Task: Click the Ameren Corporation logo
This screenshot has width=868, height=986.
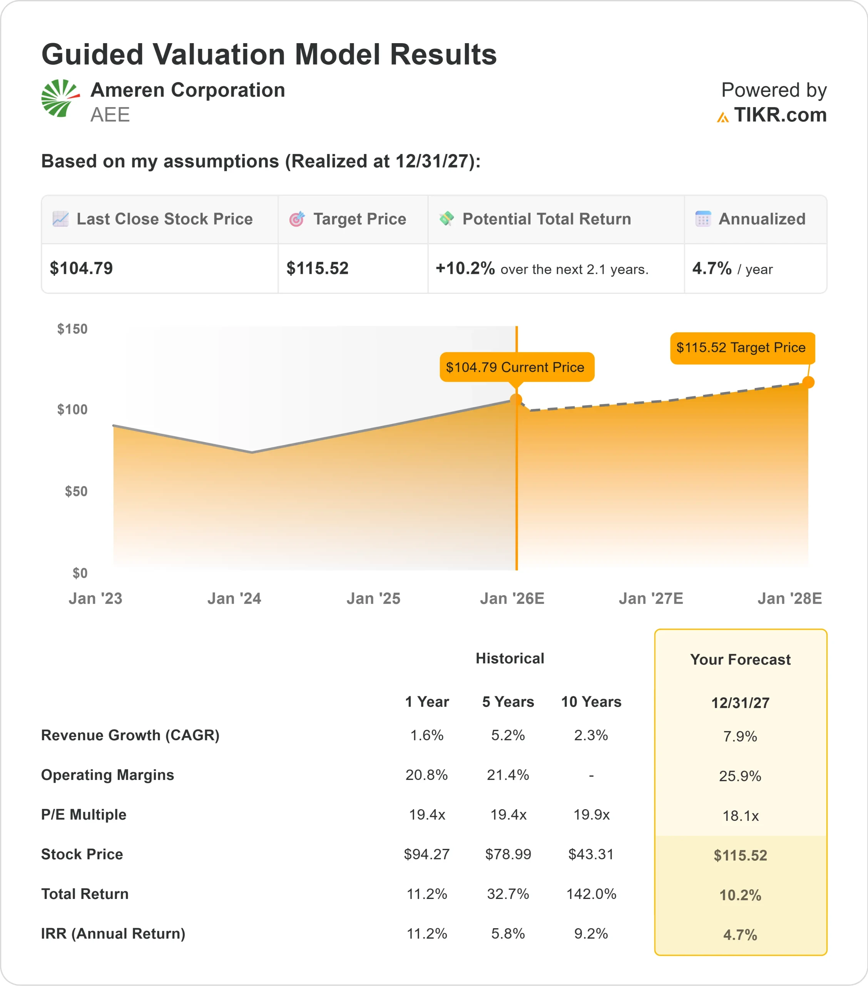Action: coord(60,98)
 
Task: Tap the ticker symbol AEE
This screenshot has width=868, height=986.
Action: coord(110,115)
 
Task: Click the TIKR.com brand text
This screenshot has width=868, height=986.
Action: coord(780,115)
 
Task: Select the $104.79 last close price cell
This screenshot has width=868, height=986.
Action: coord(82,268)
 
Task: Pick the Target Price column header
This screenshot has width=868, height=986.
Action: coord(359,219)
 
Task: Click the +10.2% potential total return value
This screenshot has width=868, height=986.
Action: coord(465,268)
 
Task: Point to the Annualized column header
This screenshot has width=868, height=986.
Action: coord(761,219)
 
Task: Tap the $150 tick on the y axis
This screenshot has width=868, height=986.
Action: coord(72,329)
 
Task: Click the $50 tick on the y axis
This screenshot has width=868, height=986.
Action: coord(76,491)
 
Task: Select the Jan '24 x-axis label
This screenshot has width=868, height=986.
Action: coord(234,599)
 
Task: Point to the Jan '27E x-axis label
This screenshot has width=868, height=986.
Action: coord(651,599)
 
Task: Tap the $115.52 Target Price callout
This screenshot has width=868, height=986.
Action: coord(741,347)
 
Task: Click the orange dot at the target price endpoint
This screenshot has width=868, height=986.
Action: coord(808,382)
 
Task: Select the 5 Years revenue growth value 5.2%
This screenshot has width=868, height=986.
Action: coord(508,735)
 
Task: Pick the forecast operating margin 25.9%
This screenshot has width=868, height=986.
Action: coord(740,776)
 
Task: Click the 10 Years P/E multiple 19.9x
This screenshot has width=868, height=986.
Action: coord(591,815)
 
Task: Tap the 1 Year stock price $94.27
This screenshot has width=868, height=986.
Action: coord(427,854)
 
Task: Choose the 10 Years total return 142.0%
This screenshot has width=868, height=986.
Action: coord(591,894)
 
